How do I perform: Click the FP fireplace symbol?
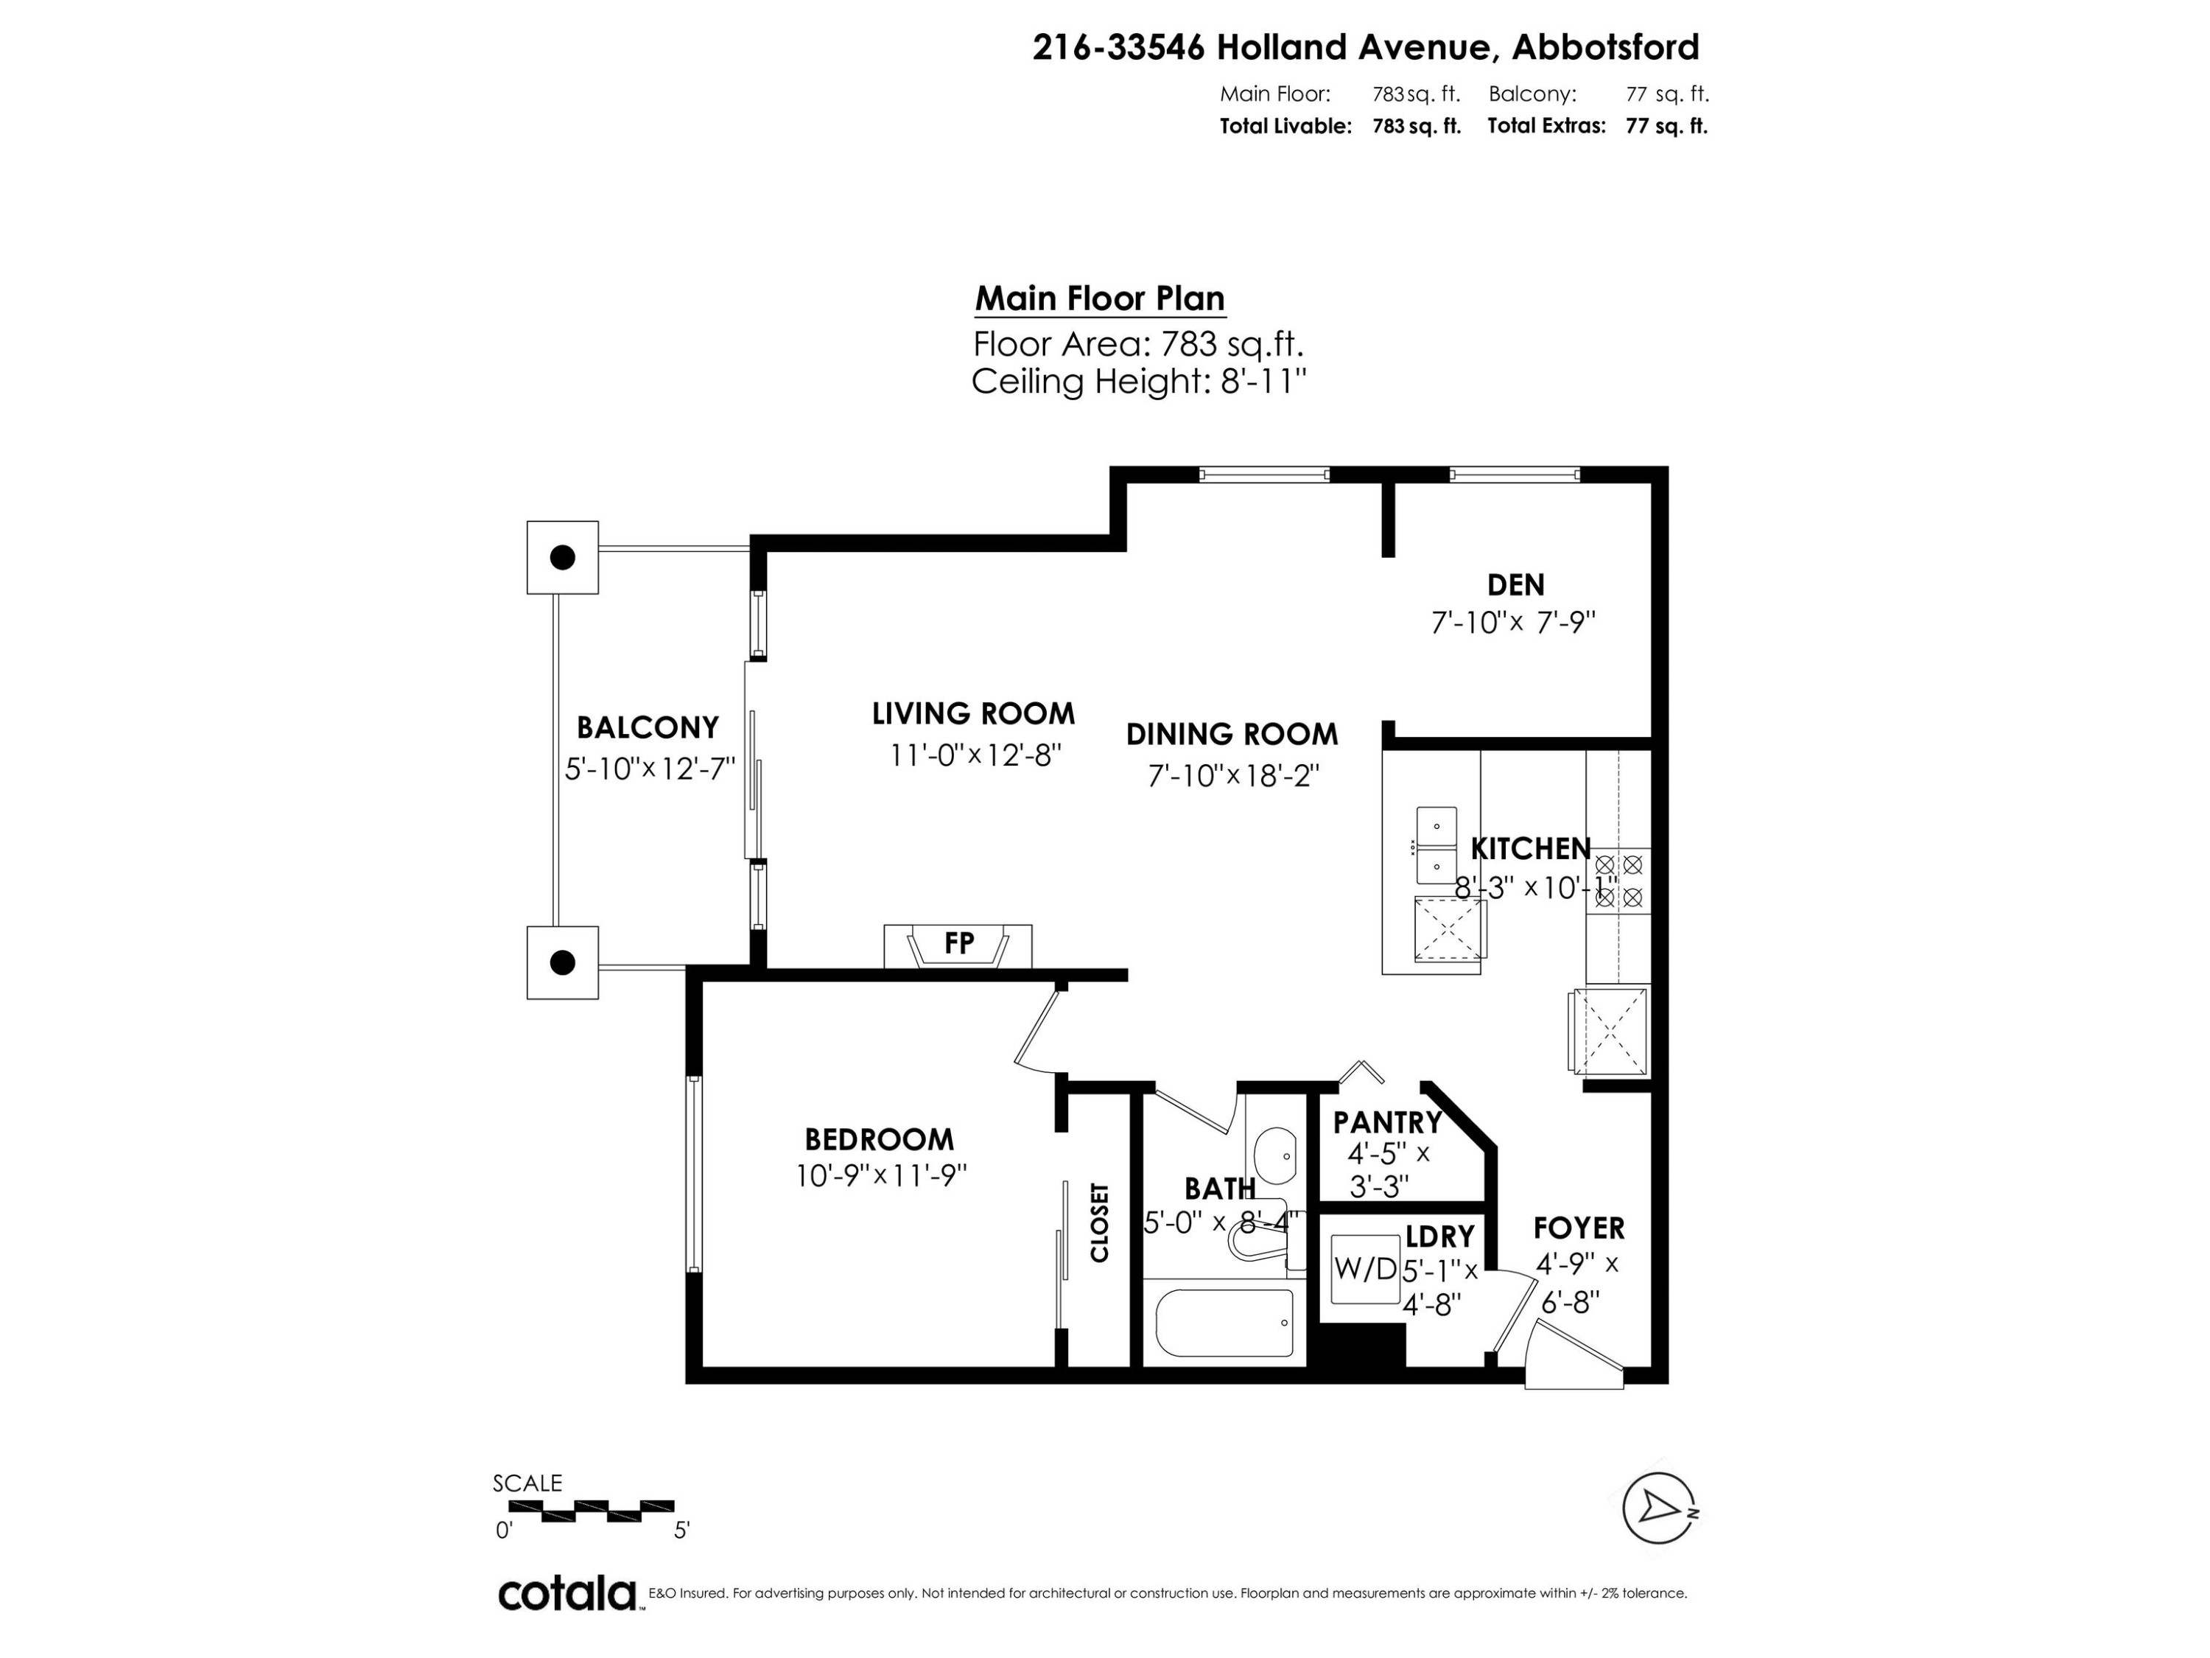[958, 945]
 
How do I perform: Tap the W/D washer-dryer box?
[1365, 1269]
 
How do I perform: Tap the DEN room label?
[1515, 584]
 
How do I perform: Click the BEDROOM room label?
[879, 1139]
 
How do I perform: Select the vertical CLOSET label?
[1099, 1222]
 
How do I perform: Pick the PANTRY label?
[1386, 1122]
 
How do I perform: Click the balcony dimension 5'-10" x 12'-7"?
[650, 769]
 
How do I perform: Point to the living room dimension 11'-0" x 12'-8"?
[974, 755]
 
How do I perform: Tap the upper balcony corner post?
[563, 558]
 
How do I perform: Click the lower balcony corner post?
[563, 962]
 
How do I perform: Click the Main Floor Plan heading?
[1099, 299]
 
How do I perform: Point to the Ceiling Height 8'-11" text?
[1138, 382]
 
